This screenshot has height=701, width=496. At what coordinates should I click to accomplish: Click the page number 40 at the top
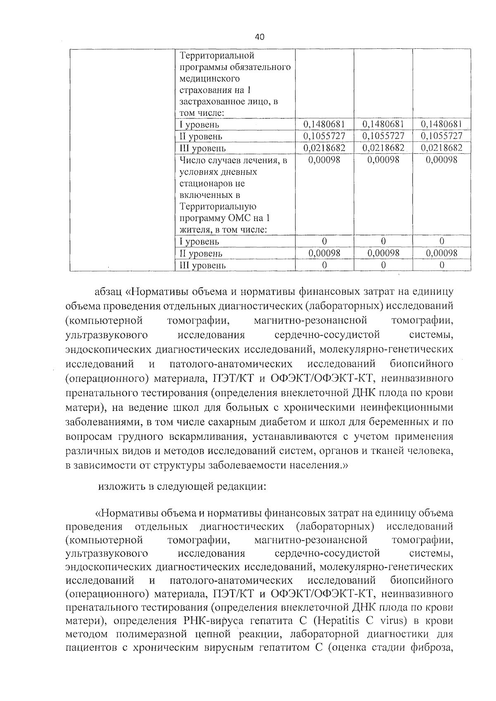click(260, 37)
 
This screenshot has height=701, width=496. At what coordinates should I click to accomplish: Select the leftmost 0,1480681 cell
click(324, 124)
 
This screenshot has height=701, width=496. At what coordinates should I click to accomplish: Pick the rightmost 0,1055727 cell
click(441, 136)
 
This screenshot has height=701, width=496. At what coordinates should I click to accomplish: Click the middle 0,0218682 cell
click(383, 148)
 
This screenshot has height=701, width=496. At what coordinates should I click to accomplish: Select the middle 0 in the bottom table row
click(383, 265)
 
